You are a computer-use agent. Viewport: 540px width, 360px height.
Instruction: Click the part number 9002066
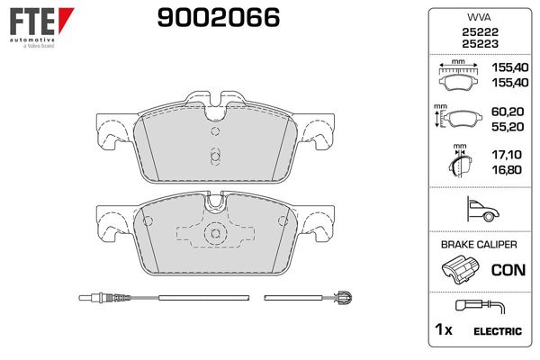(218, 17)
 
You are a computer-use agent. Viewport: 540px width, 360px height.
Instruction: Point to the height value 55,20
(504, 128)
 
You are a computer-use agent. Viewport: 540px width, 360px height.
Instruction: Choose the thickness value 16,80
(504, 169)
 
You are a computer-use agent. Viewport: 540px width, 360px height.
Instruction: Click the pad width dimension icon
(460, 76)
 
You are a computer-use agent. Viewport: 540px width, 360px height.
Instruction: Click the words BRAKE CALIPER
(477, 245)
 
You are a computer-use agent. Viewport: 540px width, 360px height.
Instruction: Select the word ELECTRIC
(497, 331)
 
